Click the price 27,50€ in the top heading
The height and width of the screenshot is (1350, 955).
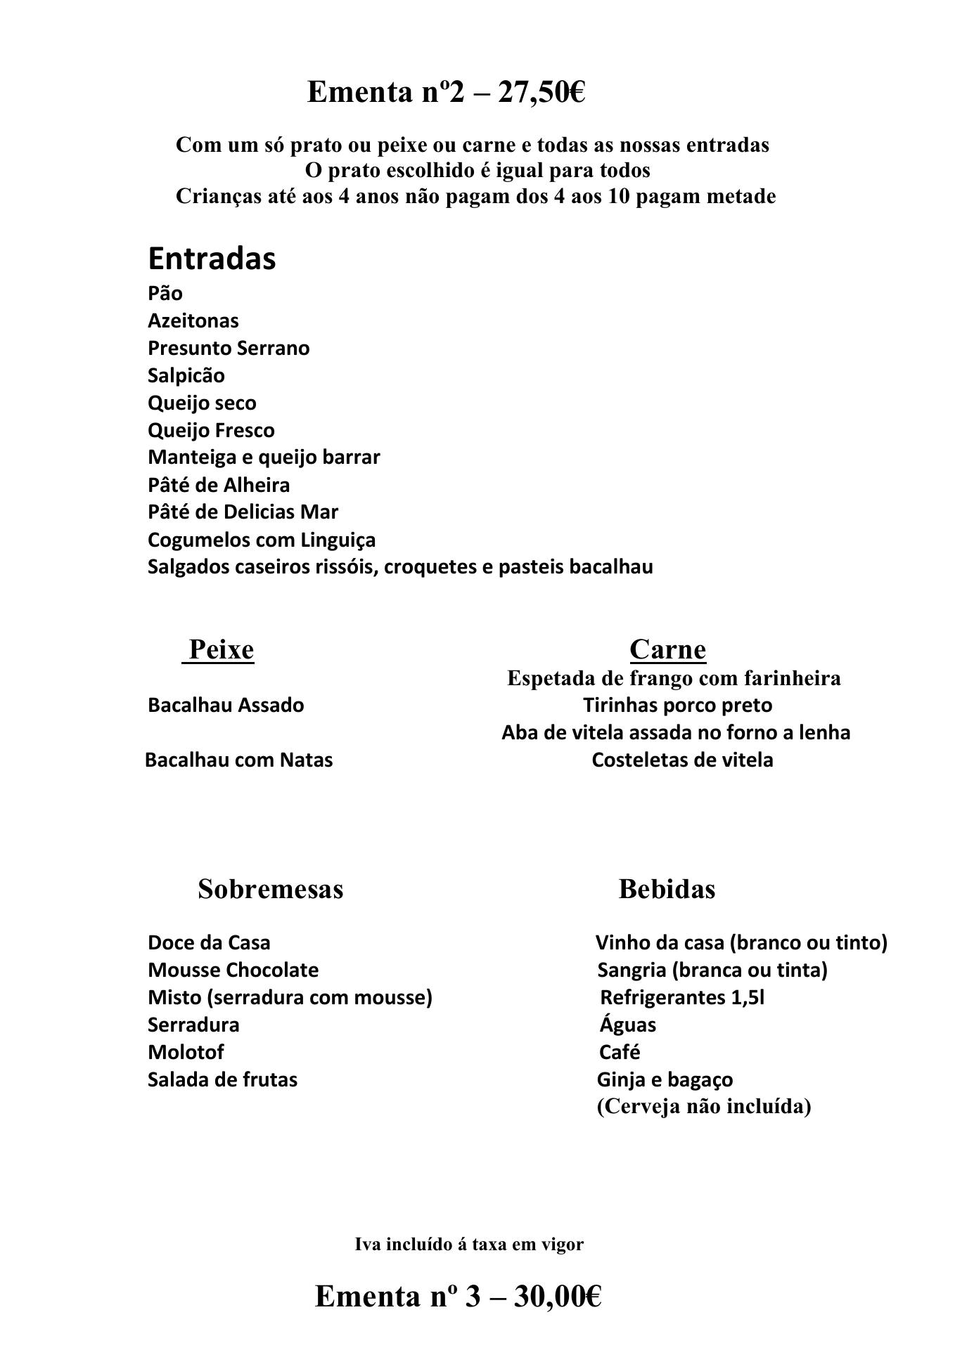click(541, 92)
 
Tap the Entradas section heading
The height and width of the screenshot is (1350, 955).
click(212, 259)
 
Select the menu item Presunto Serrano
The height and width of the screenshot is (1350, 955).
click(229, 348)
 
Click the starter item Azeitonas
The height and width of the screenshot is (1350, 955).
click(193, 320)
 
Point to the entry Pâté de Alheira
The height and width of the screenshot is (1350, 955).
click(219, 485)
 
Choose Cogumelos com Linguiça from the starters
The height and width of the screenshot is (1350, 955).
click(262, 540)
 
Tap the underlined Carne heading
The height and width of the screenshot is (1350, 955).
click(667, 649)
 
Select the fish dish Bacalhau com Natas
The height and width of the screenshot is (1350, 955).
click(239, 760)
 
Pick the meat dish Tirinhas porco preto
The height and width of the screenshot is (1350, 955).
click(677, 705)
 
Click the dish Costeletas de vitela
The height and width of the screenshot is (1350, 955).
click(682, 760)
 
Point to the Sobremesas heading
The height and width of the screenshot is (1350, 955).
click(271, 889)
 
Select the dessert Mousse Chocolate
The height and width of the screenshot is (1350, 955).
click(233, 970)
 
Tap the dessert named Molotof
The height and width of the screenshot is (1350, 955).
click(186, 1052)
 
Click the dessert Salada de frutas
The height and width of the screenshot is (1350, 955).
click(222, 1079)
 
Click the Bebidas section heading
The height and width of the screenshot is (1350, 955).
click(667, 889)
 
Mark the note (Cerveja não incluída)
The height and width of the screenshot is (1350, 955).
click(704, 1107)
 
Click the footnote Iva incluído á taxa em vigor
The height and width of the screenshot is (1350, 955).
click(469, 1245)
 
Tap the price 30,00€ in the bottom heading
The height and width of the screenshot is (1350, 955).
click(558, 1297)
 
